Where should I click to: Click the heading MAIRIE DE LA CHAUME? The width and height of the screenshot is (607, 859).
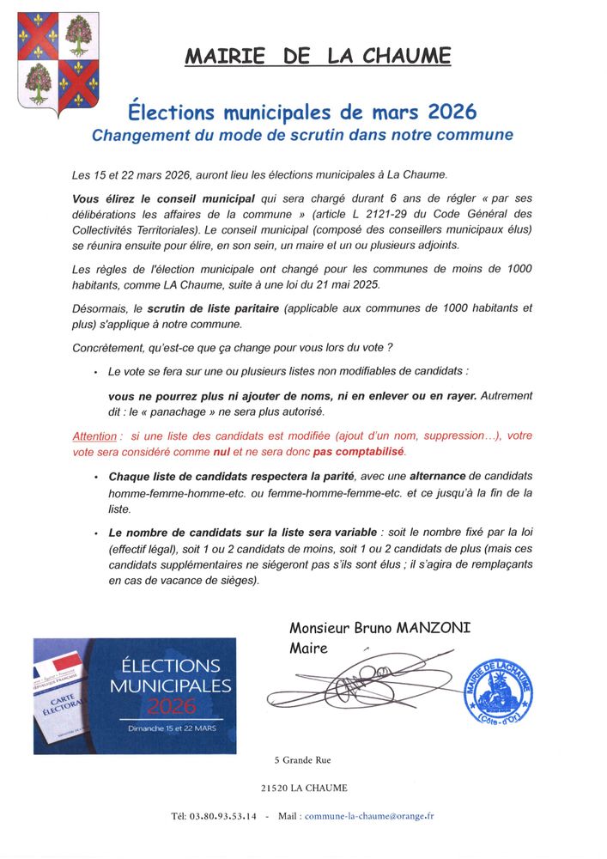[x=318, y=57]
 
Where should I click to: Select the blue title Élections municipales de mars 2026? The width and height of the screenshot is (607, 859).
[x=302, y=113]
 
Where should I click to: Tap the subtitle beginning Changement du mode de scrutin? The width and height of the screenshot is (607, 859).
[x=302, y=135]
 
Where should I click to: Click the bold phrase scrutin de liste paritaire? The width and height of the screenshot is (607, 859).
[x=213, y=308]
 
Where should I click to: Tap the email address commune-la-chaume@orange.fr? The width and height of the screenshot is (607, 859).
[x=369, y=815]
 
